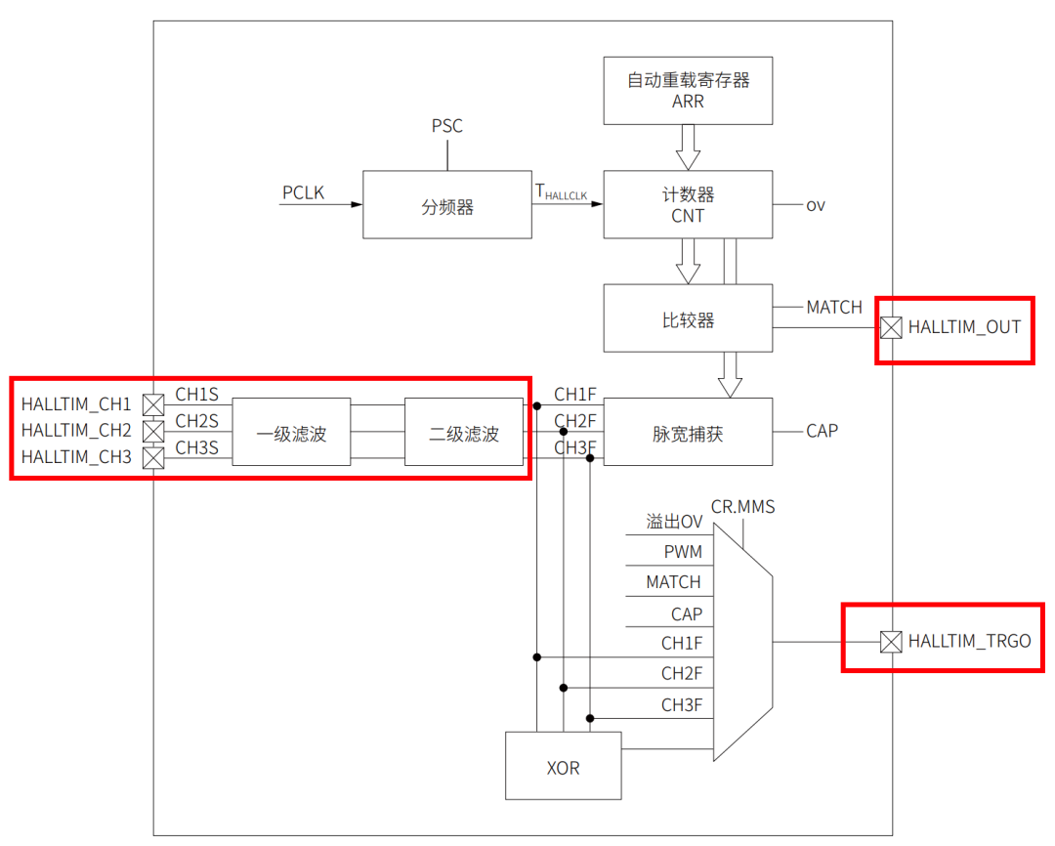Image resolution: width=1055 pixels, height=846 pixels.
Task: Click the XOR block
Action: click(x=564, y=766)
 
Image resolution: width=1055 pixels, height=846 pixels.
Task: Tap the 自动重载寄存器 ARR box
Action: click(x=688, y=90)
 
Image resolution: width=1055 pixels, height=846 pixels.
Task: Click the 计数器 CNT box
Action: click(x=688, y=204)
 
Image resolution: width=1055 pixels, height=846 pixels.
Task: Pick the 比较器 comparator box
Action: click(x=688, y=318)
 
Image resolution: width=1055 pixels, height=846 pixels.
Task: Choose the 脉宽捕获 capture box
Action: click(x=688, y=432)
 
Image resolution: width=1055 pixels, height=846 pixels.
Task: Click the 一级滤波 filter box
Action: click(x=291, y=432)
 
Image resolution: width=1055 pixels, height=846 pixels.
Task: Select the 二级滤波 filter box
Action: click(x=464, y=432)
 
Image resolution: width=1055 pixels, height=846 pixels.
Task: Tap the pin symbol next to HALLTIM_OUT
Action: click(x=890, y=327)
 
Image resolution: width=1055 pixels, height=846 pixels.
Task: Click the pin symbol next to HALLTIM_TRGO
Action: click(x=890, y=642)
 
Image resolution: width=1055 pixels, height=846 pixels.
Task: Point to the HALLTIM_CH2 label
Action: click(x=76, y=430)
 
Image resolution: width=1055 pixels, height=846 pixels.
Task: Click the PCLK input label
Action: click(x=303, y=192)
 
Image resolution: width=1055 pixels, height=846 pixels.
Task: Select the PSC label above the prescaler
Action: click(x=447, y=126)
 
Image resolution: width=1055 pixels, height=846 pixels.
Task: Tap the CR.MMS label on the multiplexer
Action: click(x=742, y=506)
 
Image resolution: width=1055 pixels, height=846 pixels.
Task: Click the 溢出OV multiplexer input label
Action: click(x=674, y=523)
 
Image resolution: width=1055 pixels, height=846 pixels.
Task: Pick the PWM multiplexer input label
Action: click(x=683, y=552)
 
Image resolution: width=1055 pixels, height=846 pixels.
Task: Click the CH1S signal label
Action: click(x=196, y=395)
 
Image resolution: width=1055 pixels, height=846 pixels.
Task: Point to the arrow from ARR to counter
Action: click(x=688, y=148)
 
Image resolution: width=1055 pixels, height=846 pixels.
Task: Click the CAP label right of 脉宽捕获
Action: click(x=822, y=431)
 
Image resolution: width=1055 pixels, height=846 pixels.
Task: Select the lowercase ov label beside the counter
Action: click(x=815, y=205)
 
